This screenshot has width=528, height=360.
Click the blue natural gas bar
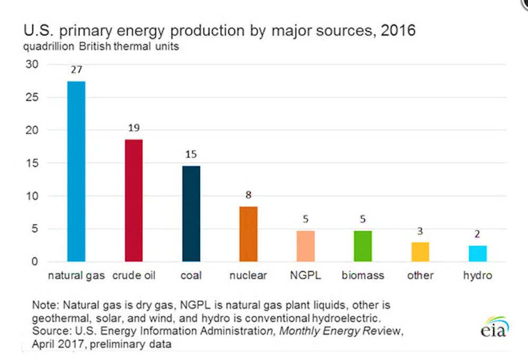pyautogui.click(x=76, y=171)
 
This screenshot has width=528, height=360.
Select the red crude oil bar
pyautogui.click(x=134, y=200)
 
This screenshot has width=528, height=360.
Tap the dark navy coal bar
pyautogui.click(x=191, y=213)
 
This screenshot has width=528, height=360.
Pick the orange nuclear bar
pyautogui.click(x=248, y=233)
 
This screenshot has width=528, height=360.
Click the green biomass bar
pyautogui.click(x=363, y=246)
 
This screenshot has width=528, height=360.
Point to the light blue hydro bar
pyautogui.click(x=477, y=253)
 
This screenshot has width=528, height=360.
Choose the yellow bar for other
pyautogui.click(x=420, y=252)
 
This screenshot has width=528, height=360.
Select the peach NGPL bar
pyautogui.click(x=305, y=246)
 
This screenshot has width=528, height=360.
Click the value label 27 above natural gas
pyautogui.click(x=76, y=69)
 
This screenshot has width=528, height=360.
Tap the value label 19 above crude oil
pyautogui.click(x=134, y=128)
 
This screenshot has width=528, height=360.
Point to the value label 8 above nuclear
pyautogui.click(x=248, y=194)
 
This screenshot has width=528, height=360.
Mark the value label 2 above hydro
pyautogui.click(x=477, y=234)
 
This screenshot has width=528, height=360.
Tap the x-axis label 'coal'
pyautogui.click(x=191, y=276)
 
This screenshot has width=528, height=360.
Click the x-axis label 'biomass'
pyautogui.click(x=363, y=276)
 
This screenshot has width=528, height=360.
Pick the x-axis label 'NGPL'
pyautogui.click(x=305, y=276)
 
